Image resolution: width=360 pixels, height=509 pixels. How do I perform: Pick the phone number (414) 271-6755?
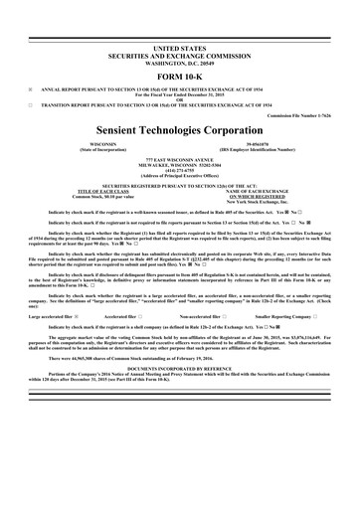click(179, 170)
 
